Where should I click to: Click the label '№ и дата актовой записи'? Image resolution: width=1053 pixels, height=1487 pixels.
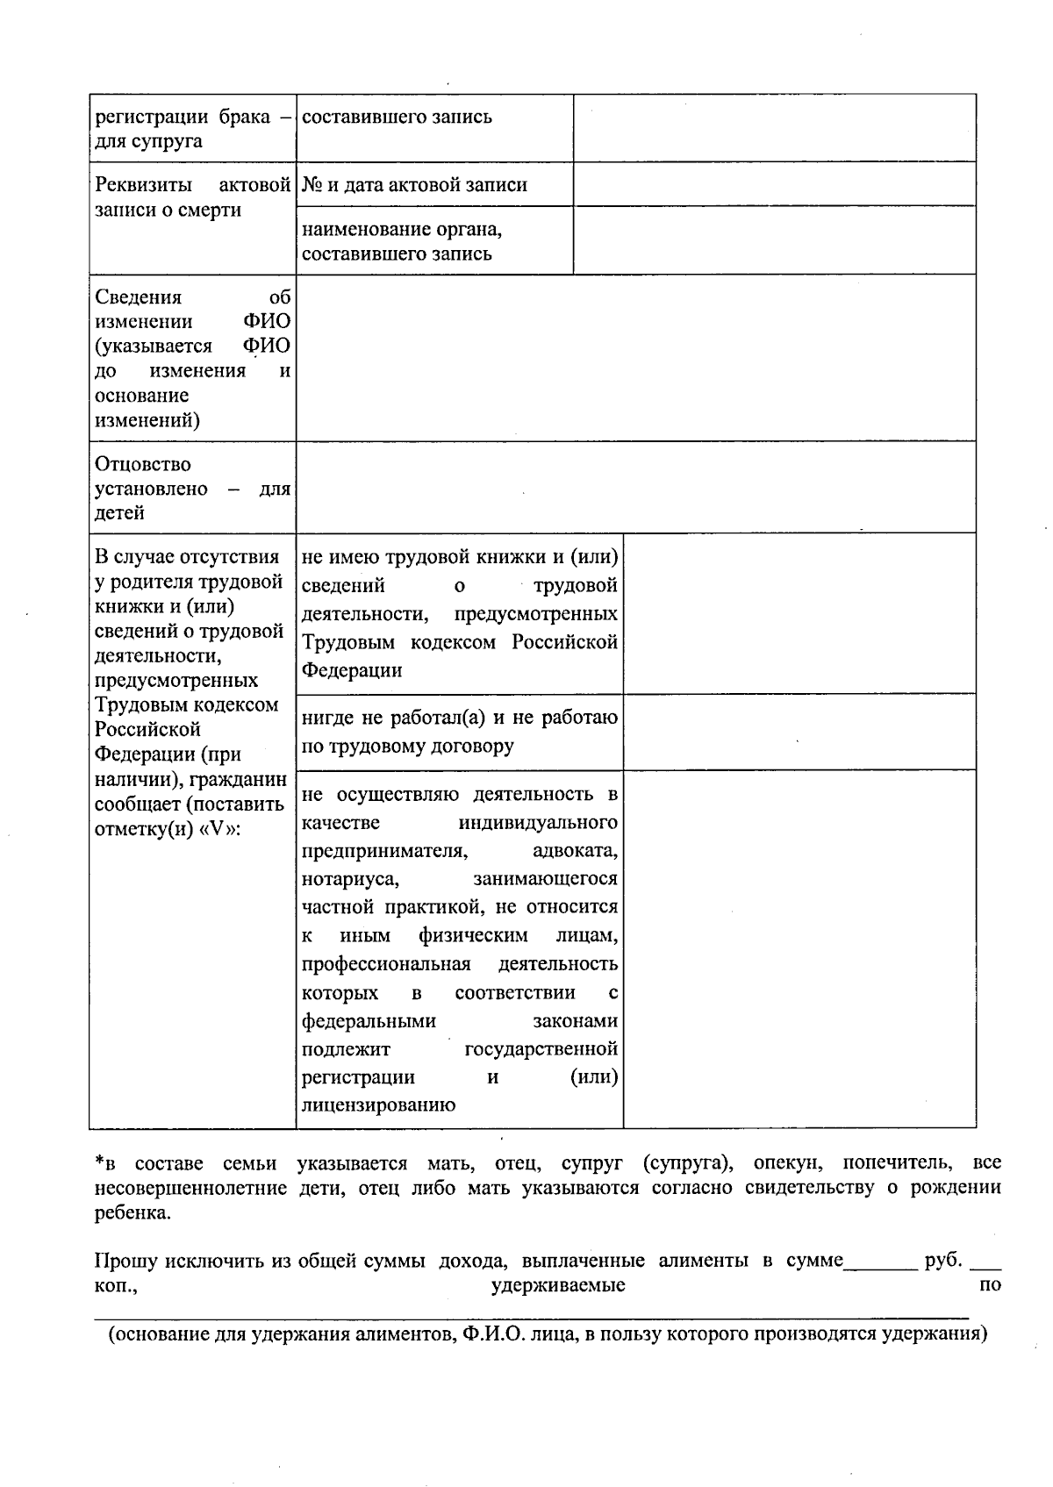click(414, 185)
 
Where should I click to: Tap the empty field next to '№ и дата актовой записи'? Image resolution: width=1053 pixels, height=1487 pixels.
click(774, 184)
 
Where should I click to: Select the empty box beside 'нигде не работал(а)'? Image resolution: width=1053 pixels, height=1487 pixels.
click(799, 732)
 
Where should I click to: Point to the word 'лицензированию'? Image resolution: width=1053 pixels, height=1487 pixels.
click(378, 1105)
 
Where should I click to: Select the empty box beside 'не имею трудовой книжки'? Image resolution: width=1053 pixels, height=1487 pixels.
click(799, 613)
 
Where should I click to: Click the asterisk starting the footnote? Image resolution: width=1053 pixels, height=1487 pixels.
click(99, 1163)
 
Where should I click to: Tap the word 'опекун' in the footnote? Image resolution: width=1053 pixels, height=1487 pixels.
click(787, 1163)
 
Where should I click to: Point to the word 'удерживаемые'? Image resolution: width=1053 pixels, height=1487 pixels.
click(558, 1286)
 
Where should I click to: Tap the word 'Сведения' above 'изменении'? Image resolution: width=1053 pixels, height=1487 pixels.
click(138, 297)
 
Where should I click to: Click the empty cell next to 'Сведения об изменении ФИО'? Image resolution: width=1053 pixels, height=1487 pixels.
click(635, 358)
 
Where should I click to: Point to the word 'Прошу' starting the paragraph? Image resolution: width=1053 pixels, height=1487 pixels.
click(125, 1262)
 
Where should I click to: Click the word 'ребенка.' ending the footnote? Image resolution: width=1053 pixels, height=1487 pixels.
click(133, 1213)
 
